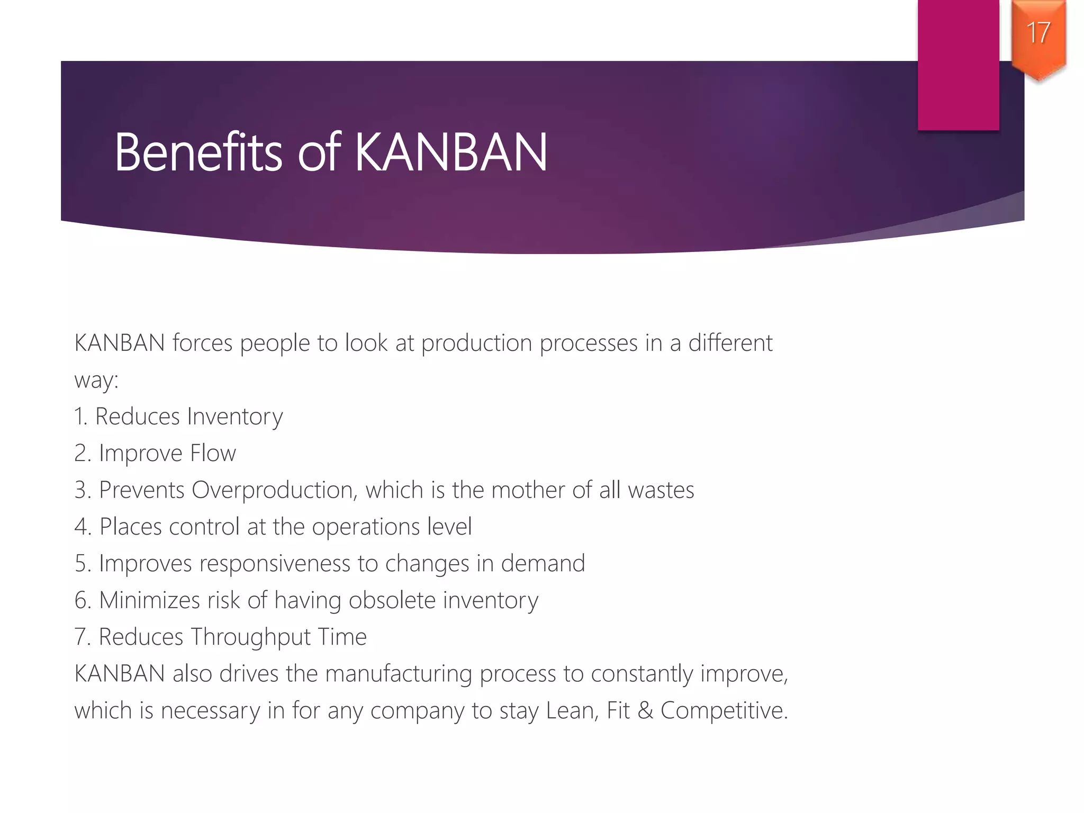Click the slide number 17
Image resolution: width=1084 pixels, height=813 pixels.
(1038, 33)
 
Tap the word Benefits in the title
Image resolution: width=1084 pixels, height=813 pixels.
(198, 153)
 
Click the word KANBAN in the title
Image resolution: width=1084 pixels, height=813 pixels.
(451, 153)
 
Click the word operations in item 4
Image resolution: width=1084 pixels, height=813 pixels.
(366, 527)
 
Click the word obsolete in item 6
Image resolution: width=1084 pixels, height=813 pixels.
(392, 600)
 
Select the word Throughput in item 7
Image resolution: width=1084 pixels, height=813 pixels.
(250, 637)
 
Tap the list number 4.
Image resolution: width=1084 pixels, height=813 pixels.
(82, 527)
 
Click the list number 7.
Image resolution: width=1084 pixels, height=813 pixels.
(82, 637)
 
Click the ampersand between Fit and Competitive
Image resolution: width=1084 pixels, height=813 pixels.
(645, 711)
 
